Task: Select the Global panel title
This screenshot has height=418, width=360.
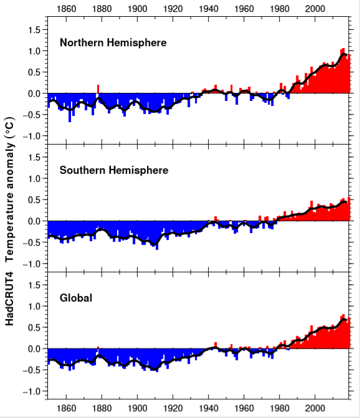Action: click(76, 298)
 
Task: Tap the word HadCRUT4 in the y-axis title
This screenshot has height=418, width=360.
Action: click(11, 296)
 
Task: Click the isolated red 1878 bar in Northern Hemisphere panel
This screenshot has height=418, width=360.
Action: click(98, 89)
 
